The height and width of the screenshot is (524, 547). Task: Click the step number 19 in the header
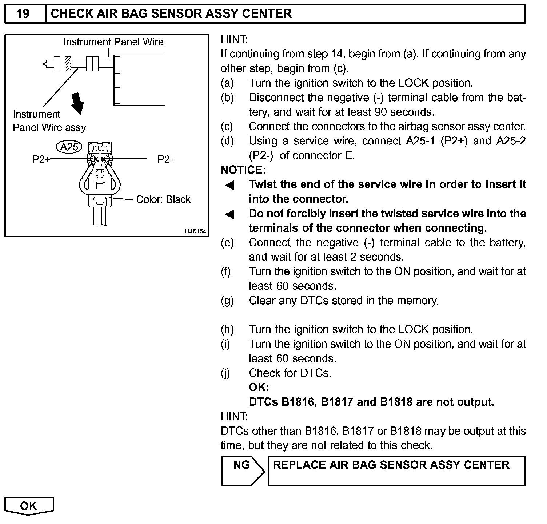[23, 14]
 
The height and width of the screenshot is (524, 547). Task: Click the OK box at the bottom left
[29, 506]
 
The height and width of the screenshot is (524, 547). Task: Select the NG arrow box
[242, 471]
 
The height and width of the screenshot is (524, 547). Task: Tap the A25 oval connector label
[69, 147]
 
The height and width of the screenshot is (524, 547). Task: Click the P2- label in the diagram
[165, 159]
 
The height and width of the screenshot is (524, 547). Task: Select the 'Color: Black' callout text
[163, 199]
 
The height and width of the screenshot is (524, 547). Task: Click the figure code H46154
[195, 231]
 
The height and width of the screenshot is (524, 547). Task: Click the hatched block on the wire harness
[67, 64]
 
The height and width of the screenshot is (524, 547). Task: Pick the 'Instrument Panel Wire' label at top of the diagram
[113, 42]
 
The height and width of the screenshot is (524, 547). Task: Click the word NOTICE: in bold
[243, 170]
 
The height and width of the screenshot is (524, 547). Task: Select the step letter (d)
[227, 141]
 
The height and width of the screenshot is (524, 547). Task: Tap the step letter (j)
[225, 373]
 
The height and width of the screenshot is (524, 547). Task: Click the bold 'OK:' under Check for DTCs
[259, 388]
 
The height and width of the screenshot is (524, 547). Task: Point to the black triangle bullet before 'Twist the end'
[230, 186]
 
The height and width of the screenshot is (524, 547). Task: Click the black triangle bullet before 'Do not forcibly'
[230, 214]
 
